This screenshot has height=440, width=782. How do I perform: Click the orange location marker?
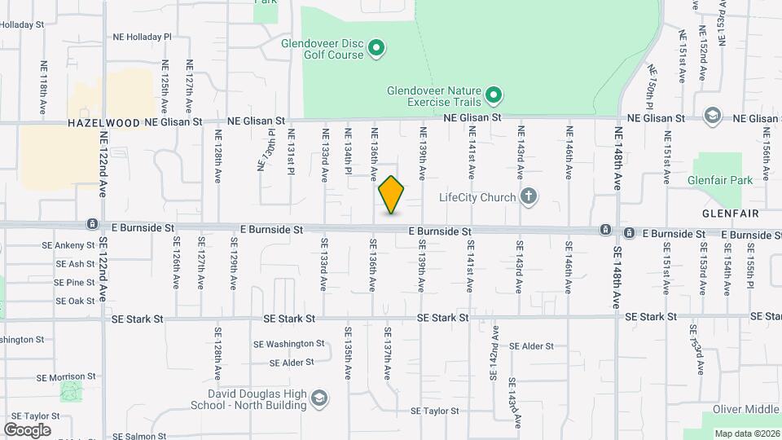click(392, 195)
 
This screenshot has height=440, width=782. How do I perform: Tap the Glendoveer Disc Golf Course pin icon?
click(376, 49)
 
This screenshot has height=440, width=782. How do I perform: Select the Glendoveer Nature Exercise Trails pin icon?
click(493, 97)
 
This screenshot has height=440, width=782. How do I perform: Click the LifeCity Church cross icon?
click(529, 196)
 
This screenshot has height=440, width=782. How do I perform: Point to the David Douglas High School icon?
click(319, 398)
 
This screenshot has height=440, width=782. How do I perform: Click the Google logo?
click(27, 429)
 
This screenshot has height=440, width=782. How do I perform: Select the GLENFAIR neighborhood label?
click(729, 213)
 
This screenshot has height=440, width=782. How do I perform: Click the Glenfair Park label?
click(720, 180)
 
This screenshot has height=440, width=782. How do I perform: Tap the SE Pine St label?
click(76, 282)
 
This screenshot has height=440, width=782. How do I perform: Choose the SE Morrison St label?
click(67, 377)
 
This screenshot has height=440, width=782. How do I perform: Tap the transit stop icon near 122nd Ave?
click(93, 223)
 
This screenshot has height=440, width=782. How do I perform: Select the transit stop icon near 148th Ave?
click(606, 231)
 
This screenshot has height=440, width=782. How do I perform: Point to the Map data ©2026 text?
click(747, 433)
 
